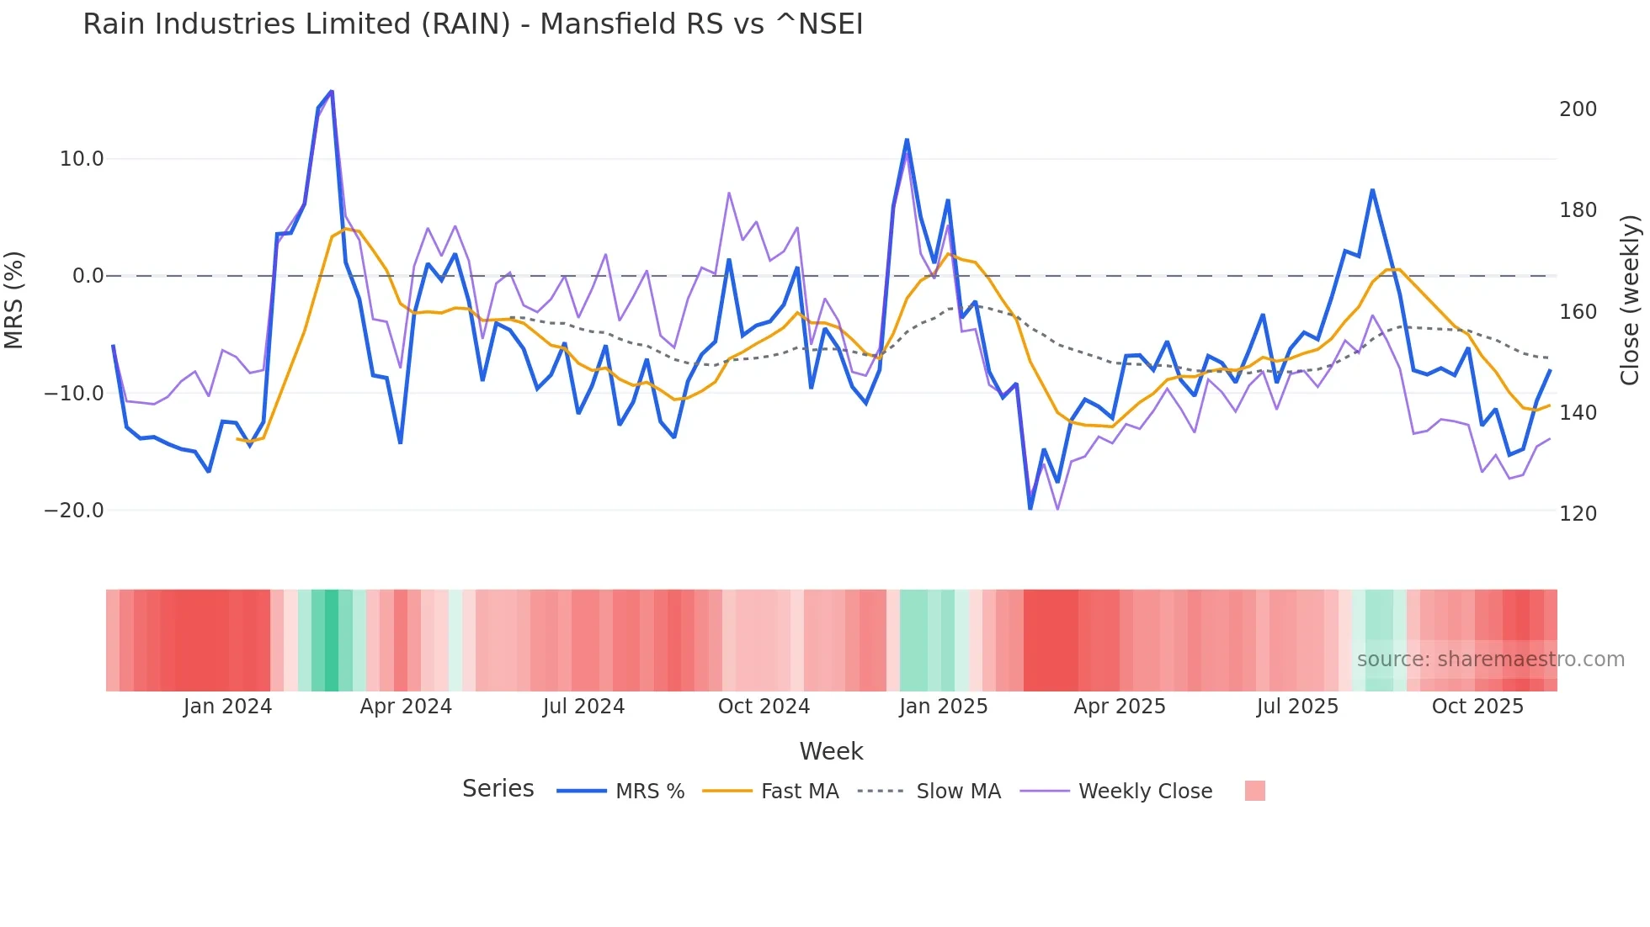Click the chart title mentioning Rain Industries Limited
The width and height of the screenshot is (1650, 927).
pyautogui.click(x=472, y=24)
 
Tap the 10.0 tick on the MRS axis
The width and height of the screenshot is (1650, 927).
pyautogui.click(x=81, y=159)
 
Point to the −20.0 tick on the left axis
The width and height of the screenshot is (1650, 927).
pyautogui.click(x=74, y=511)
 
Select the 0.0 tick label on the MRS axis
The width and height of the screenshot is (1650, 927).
pyautogui.click(x=88, y=276)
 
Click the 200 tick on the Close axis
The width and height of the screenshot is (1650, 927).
pyautogui.click(x=1578, y=109)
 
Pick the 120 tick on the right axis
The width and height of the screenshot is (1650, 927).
pyautogui.click(x=1578, y=514)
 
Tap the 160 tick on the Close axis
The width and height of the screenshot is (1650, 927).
pyautogui.click(x=1578, y=312)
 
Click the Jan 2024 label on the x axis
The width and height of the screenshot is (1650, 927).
pyautogui.click(x=227, y=707)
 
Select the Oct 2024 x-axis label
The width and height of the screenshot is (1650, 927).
pyautogui.click(x=764, y=707)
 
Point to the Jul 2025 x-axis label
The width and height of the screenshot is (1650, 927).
pyautogui.click(x=1297, y=707)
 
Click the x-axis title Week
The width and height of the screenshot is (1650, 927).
pyautogui.click(x=831, y=751)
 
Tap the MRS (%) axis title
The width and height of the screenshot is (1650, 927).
pyautogui.click(x=14, y=299)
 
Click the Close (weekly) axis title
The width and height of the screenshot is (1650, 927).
pyautogui.click(x=1631, y=300)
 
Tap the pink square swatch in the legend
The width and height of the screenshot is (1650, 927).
pyautogui.click(x=1254, y=791)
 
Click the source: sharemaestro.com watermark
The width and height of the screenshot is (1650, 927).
pyautogui.click(x=1490, y=659)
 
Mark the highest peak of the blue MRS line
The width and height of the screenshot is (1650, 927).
pyautogui.click(x=332, y=91)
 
